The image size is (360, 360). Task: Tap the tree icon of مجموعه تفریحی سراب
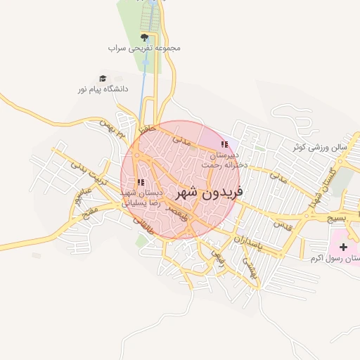click(x=145, y=37)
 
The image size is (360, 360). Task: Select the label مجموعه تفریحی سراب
click(x=145, y=48)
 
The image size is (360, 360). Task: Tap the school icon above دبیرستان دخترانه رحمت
click(x=224, y=144)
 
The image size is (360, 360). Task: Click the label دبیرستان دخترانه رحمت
click(x=224, y=159)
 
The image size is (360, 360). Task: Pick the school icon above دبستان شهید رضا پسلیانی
click(x=141, y=182)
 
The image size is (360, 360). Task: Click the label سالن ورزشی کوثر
click(x=321, y=148)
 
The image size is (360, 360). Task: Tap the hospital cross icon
click(x=343, y=247)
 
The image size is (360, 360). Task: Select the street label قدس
click(x=282, y=226)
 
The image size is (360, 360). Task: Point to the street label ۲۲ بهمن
click(x=113, y=127)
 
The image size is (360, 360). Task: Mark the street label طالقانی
click(x=143, y=224)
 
